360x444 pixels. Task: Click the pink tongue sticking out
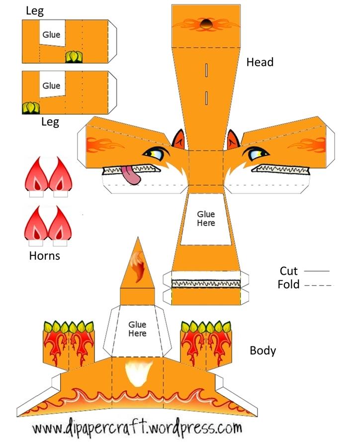point(131,176)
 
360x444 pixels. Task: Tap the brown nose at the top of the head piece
point(206,24)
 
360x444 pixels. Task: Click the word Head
point(260,62)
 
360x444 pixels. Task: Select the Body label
point(263,351)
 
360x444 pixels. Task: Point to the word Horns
point(45,256)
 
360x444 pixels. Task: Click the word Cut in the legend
point(288,271)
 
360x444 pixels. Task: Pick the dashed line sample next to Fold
point(319,285)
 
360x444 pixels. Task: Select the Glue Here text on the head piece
point(206,219)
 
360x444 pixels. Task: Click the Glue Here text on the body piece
point(137,329)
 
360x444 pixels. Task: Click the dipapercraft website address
point(137,428)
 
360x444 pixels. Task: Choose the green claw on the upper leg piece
point(74,57)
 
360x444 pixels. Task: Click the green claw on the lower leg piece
point(31,108)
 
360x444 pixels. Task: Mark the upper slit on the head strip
point(206,70)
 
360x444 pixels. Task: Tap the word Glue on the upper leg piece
point(51,34)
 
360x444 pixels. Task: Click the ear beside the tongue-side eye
point(179,139)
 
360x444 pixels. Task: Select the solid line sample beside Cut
point(317,271)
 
